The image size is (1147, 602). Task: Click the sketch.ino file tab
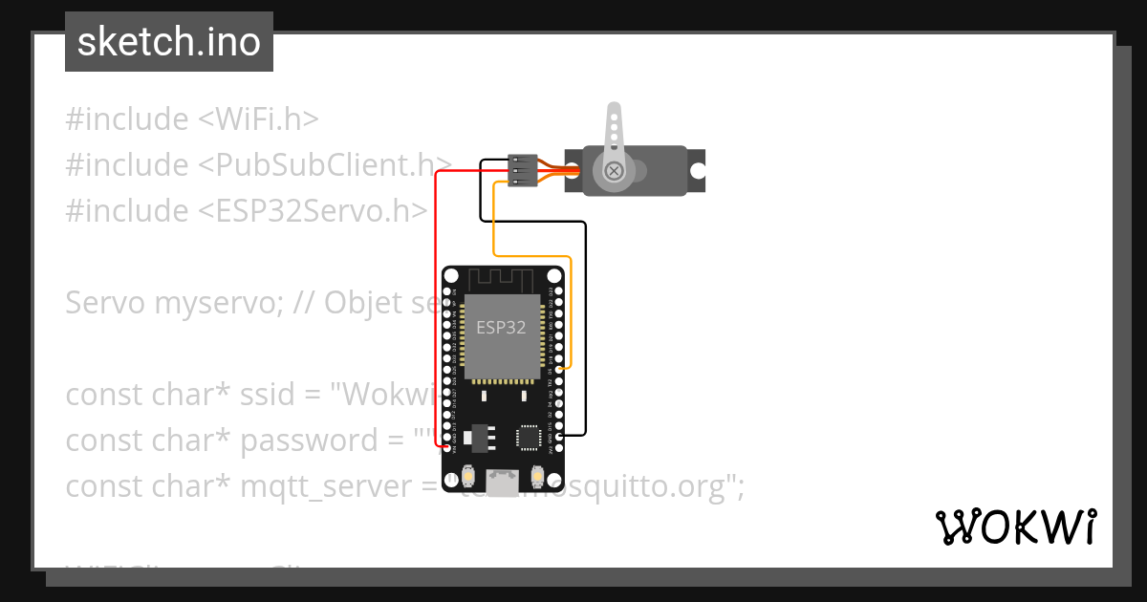(x=168, y=42)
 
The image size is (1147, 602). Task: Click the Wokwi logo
(x=1016, y=526)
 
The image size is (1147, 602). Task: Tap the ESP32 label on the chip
(x=501, y=327)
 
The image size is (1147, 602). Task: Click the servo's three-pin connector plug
(x=522, y=170)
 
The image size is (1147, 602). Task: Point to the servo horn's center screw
(x=614, y=171)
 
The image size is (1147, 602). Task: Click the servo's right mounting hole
(x=698, y=171)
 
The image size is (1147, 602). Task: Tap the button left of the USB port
(x=468, y=475)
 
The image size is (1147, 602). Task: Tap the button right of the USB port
(x=536, y=475)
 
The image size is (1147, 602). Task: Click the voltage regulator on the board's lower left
(x=475, y=435)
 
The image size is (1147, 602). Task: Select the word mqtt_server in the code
(x=322, y=486)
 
